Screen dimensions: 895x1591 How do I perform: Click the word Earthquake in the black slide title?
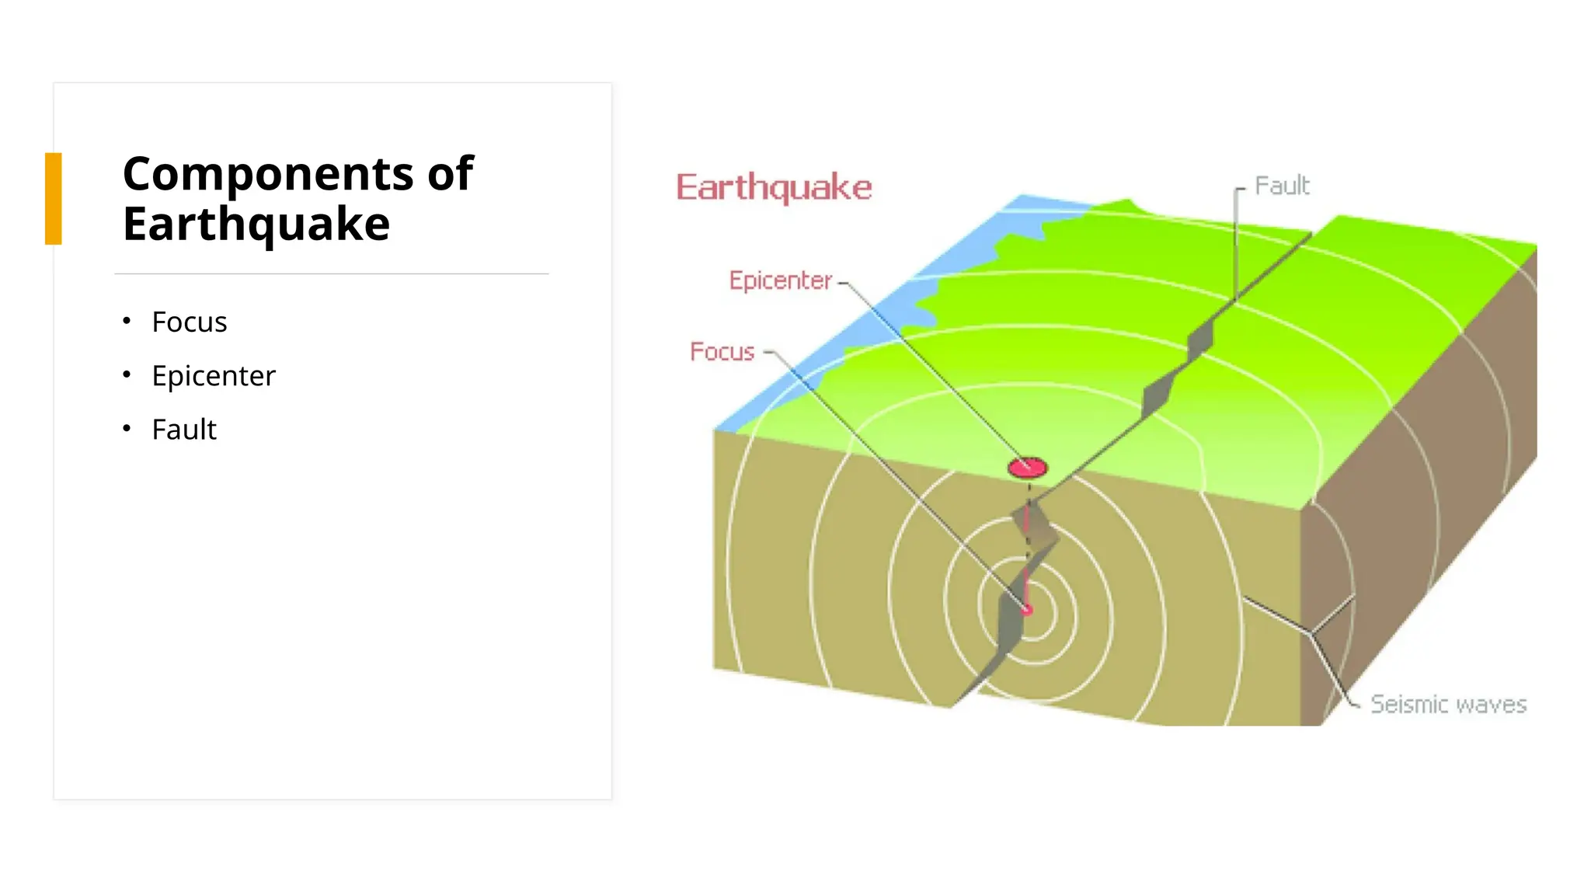pos(256,225)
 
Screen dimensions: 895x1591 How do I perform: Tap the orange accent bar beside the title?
pos(53,199)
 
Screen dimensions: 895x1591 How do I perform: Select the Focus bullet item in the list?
pos(189,322)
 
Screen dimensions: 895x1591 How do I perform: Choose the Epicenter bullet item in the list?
pos(213,375)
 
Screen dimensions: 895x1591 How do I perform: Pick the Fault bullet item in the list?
pos(184,429)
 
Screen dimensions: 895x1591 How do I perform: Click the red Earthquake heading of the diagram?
pos(774,187)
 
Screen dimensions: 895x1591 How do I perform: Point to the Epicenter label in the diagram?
pos(780,280)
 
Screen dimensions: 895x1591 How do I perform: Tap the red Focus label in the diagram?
pos(722,351)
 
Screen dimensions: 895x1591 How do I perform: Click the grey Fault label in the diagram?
pos(1282,186)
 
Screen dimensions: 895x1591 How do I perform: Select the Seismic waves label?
pos(1448,704)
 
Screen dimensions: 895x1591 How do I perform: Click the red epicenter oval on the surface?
pos(1027,467)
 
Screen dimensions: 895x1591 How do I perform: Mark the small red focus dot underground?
pos(1027,610)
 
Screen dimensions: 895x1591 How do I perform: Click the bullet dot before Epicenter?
pos(127,374)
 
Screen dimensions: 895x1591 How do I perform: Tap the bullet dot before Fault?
pos(127,428)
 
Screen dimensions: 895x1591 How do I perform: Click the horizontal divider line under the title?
pos(332,273)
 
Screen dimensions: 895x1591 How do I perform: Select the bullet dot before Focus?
pos(127,321)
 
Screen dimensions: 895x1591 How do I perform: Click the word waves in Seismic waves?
pos(1491,704)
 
